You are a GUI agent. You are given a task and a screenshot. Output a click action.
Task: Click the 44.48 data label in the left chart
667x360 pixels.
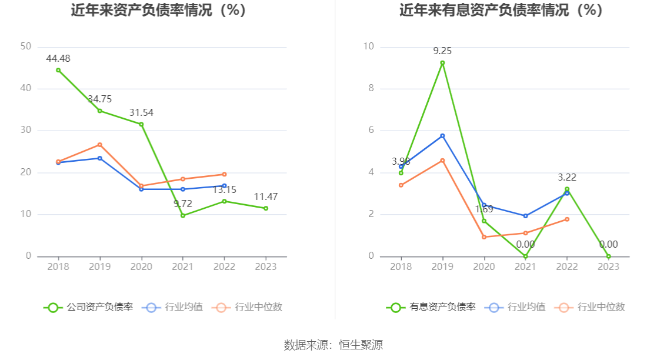click(x=58, y=58)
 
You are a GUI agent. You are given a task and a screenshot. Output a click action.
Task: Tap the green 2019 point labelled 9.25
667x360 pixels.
click(x=442, y=63)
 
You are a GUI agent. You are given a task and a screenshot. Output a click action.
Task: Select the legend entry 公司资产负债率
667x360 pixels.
click(x=88, y=307)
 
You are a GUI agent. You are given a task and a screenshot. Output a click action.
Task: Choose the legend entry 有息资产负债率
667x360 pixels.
click(x=431, y=307)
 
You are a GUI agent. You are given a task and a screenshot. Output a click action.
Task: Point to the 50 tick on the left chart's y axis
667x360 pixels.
click(x=25, y=46)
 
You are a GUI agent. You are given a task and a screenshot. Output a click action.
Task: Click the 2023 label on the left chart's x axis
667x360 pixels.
click(x=266, y=267)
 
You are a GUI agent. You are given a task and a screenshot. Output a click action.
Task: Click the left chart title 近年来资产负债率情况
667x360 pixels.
click(x=158, y=11)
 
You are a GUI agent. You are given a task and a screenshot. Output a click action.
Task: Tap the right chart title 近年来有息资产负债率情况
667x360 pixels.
click(x=501, y=11)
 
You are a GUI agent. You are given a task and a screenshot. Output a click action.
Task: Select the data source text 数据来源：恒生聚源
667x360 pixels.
click(x=333, y=345)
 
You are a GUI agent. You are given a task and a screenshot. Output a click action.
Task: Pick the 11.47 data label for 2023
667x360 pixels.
click(x=266, y=197)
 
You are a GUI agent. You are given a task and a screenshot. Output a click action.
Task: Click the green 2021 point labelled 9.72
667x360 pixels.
click(x=183, y=216)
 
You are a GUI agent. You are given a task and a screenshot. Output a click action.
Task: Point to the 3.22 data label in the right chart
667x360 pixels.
click(x=567, y=177)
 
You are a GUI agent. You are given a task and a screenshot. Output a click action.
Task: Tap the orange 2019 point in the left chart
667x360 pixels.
click(x=99, y=145)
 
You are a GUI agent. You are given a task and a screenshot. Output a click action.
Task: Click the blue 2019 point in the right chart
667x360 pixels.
click(x=442, y=136)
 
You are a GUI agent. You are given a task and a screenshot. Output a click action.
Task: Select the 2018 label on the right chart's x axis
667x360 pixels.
click(x=401, y=267)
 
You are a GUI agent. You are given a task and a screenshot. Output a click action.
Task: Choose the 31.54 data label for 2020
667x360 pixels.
click(x=141, y=112)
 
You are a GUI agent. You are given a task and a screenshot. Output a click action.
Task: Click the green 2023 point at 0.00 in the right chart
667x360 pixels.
click(x=609, y=256)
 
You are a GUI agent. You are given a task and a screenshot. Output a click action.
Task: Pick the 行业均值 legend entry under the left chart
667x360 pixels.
click(x=174, y=307)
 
